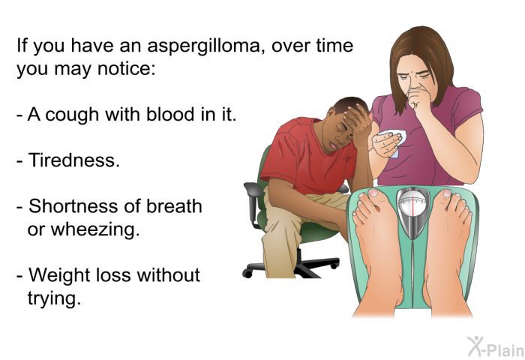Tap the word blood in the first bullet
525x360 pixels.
[171, 114]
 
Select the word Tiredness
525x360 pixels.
[73, 160]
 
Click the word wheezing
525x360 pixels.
[95, 230]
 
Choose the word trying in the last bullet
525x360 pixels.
[54, 298]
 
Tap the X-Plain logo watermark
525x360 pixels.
[496, 346]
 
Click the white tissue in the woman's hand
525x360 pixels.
[395, 142]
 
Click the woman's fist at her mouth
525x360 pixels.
[417, 99]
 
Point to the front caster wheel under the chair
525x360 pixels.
[247, 273]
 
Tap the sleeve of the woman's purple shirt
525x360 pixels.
[467, 103]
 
